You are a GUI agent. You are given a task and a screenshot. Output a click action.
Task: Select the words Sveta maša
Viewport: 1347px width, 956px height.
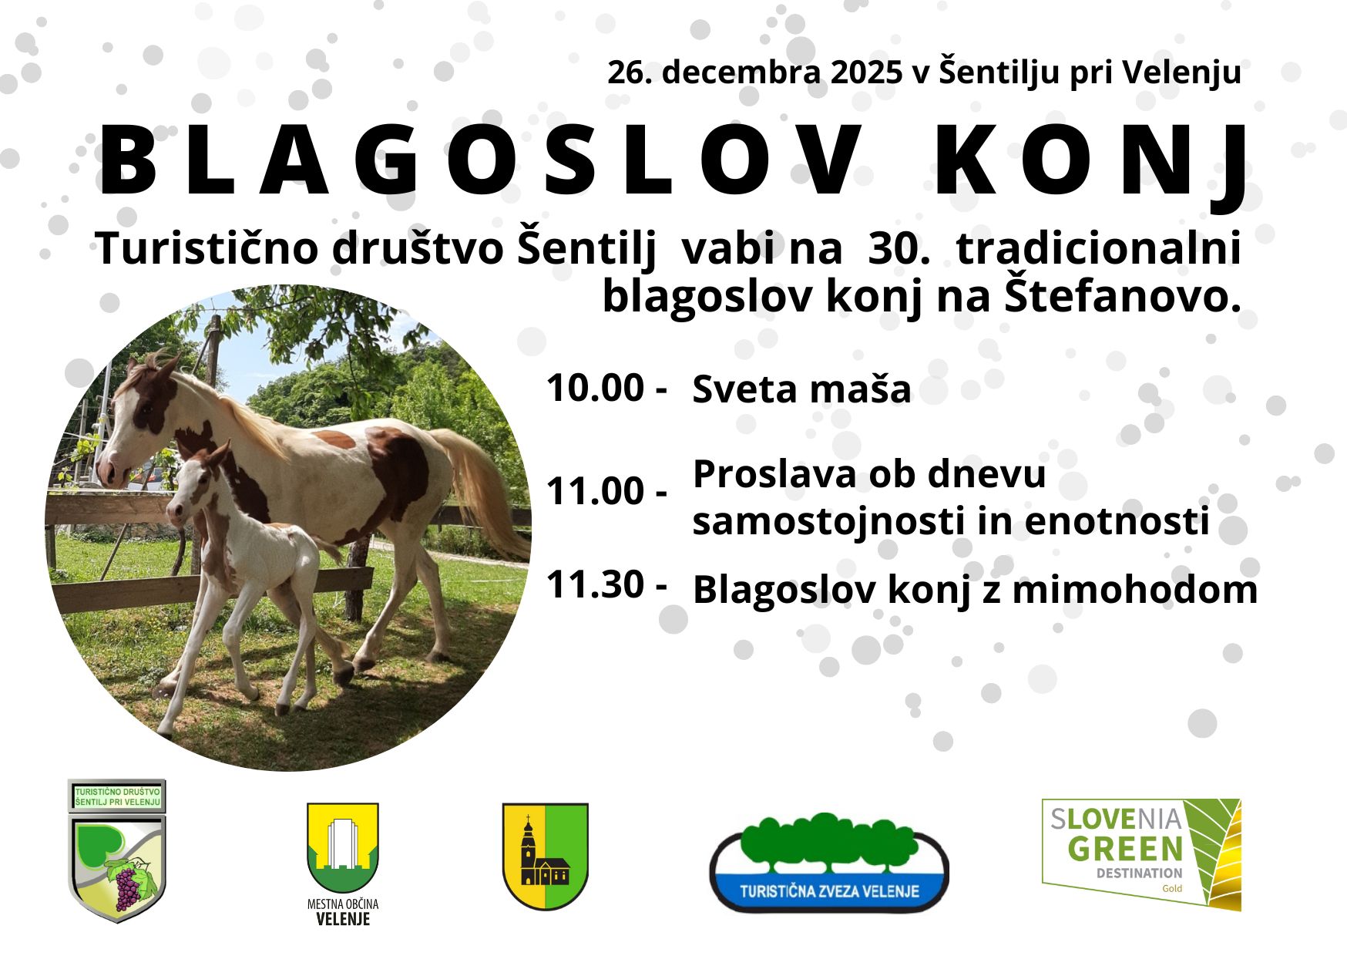coord(801,389)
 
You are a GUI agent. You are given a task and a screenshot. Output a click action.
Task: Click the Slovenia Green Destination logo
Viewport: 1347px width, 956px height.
coord(1141,854)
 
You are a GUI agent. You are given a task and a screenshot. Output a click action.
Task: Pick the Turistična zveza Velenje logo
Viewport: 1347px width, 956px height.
coord(829,863)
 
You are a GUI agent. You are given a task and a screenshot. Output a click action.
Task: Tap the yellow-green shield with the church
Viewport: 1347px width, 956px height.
coord(546,856)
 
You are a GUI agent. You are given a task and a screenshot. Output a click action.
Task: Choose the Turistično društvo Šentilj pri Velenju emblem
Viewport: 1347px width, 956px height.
coord(117,850)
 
